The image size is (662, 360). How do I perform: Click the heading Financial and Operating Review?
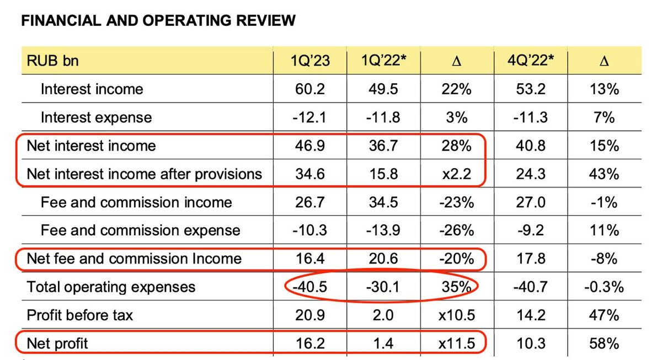click(x=158, y=21)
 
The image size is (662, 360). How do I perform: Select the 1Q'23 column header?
click(x=310, y=60)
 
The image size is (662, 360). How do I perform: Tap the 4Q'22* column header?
click(x=530, y=60)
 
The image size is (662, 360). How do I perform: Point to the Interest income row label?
click(x=92, y=89)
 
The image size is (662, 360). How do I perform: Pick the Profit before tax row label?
click(x=80, y=315)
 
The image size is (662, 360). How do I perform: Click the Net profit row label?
click(x=57, y=344)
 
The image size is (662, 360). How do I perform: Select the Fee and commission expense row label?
click(x=140, y=230)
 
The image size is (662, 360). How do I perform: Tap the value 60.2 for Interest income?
click(x=310, y=89)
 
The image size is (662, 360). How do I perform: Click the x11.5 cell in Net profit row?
click(x=456, y=344)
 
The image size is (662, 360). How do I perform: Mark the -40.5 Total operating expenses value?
click(x=310, y=287)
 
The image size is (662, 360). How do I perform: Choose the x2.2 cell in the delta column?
click(x=456, y=174)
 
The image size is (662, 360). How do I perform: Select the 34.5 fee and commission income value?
click(x=383, y=202)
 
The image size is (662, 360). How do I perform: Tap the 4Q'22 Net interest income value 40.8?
click(x=530, y=146)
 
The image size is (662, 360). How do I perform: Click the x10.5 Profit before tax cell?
click(x=456, y=315)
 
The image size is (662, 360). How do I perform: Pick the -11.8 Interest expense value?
click(x=383, y=117)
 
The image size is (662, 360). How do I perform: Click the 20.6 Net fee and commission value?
click(x=383, y=259)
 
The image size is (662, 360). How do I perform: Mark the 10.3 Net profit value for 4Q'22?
click(x=530, y=344)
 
